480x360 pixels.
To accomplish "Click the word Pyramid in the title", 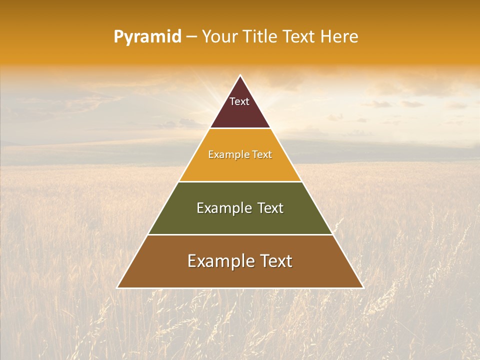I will pos(147,37).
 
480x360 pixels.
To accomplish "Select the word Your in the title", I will pos(218,36).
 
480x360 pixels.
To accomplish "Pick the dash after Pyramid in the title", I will pos(191,37).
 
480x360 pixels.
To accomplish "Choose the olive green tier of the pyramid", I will pos(240,220).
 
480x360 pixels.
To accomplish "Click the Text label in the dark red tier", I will pos(239,101).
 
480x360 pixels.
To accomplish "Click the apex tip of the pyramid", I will pos(240,75).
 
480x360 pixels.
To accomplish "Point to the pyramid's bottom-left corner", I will pos(117,287).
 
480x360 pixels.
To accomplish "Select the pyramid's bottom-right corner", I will pos(363,287).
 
